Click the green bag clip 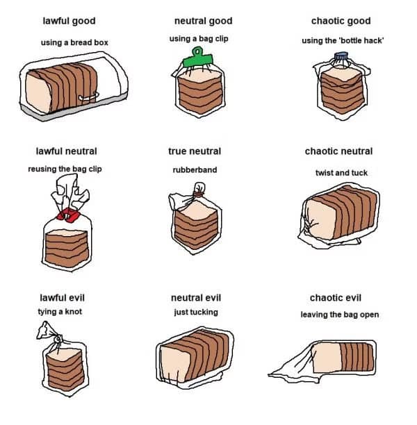(x=197, y=61)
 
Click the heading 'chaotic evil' (x=336, y=298)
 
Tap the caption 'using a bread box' (x=74, y=42)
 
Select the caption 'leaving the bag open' (x=340, y=315)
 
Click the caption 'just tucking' (x=195, y=312)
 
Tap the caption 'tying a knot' (x=60, y=312)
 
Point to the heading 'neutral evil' (x=195, y=298)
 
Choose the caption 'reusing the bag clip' (x=65, y=169)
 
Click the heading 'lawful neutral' (x=66, y=151)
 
